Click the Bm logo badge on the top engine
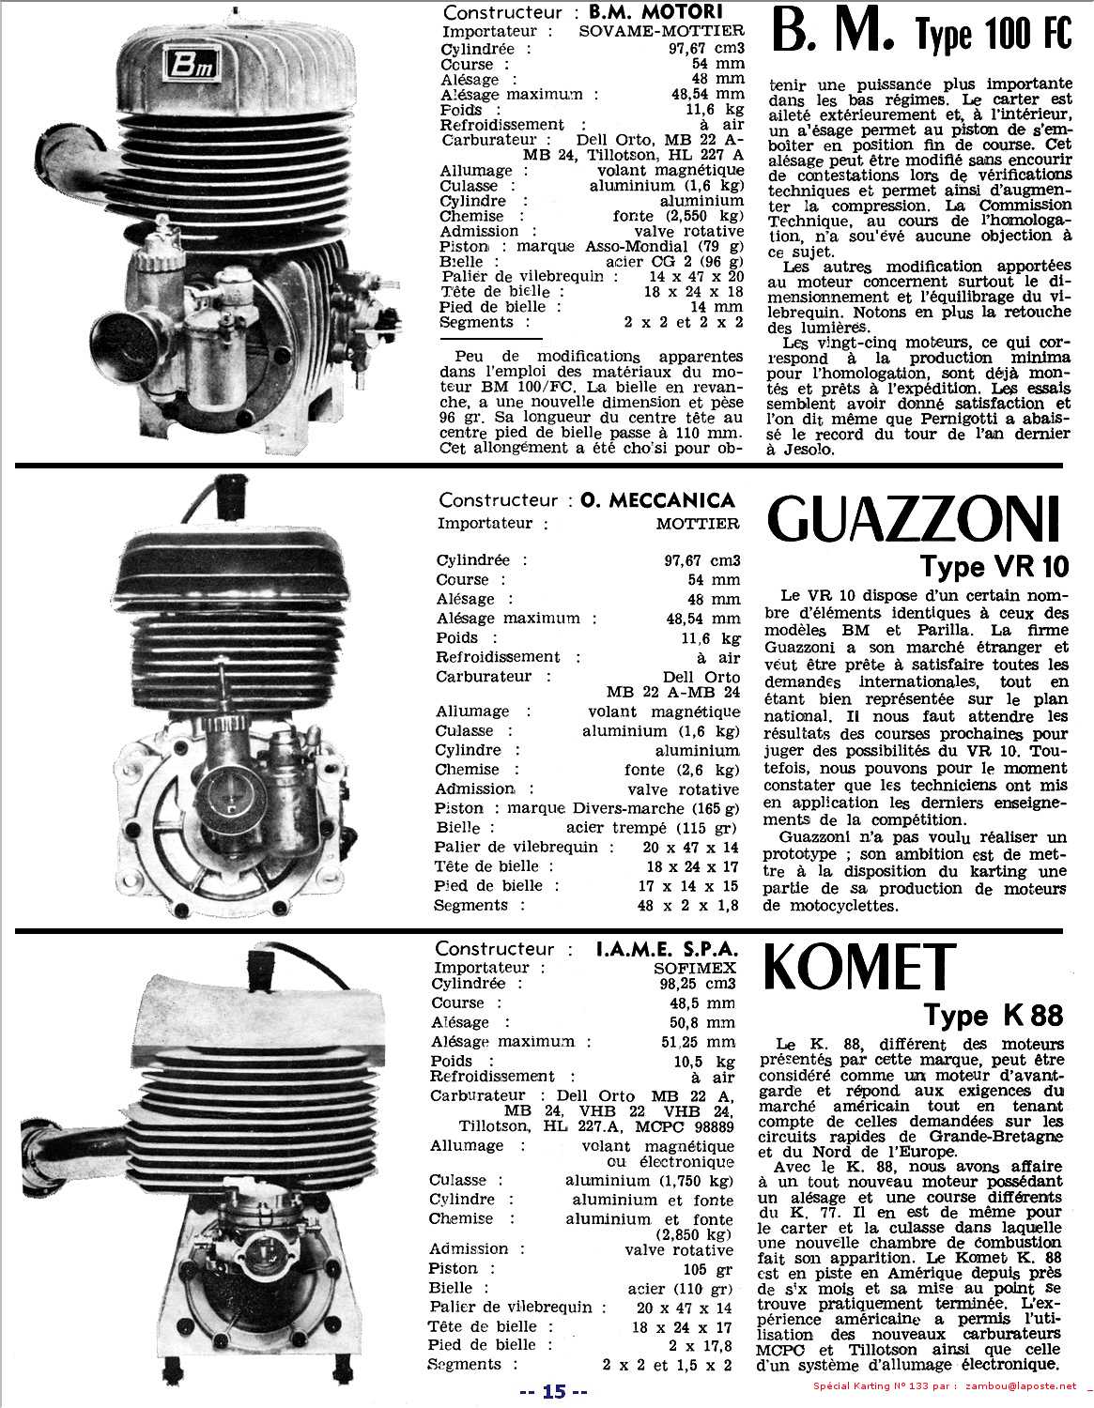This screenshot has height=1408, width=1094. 190,67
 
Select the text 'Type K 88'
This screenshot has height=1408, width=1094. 994,1015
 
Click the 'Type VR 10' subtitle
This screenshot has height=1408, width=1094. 993,567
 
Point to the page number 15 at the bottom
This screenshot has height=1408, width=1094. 554,1391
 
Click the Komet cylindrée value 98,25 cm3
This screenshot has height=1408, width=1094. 698,984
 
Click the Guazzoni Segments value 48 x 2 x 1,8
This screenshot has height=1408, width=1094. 688,906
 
